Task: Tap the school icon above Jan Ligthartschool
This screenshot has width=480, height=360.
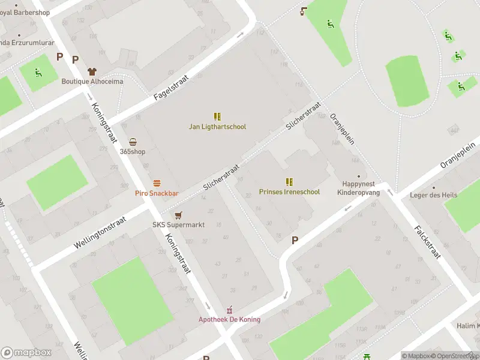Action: [217, 116]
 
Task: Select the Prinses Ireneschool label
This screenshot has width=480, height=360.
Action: [289, 192]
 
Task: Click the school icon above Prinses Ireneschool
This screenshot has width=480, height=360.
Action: [289, 182]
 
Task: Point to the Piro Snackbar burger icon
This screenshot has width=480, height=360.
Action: [157, 183]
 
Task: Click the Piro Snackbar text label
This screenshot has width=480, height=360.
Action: [157, 193]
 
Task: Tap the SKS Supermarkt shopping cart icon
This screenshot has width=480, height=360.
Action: [178, 215]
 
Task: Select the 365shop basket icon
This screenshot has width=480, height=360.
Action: [133, 142]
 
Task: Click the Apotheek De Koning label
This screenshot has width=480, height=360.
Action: [230, 319]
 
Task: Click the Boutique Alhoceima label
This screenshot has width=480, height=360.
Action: [92, 82]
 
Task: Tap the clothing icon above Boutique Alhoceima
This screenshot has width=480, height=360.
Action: [92, 71]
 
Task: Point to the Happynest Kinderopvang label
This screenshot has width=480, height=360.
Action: [359, 188]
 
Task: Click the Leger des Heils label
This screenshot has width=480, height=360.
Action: [433, 195]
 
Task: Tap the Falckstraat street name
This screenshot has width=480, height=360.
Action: [428, 242]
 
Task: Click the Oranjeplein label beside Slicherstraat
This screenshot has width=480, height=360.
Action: [343, 129]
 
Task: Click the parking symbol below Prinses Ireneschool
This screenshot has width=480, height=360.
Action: [295, 240]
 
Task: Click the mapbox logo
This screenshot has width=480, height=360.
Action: [26, 352]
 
